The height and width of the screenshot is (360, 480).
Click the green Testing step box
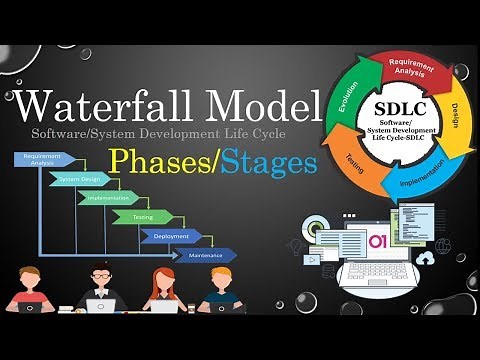[143, 216]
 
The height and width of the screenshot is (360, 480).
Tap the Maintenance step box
[205, 255]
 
